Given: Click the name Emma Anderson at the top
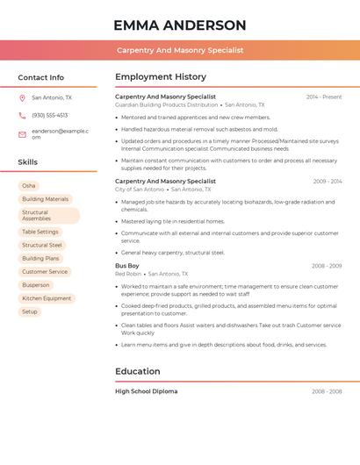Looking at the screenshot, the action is pos(180,25).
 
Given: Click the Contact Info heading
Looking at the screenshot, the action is pos(40,77).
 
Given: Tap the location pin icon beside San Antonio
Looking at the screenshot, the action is pos(22,98).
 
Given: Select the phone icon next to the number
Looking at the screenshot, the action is pos(22,115).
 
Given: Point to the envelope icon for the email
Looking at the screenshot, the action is pos(22,134).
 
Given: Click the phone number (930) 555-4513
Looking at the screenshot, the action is pos(49,115).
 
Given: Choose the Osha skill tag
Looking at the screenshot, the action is pos(29,186).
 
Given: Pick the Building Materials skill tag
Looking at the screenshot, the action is pos(45,199).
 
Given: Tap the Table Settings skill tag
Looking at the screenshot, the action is pos(40,232).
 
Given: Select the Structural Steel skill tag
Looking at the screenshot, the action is pos(42,245).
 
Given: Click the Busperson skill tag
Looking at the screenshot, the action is pos(36,285).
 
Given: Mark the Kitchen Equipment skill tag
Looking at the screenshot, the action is pos(47,298).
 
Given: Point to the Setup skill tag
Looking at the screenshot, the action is pos(30,311).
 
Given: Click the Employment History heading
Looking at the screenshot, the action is pos(161,77).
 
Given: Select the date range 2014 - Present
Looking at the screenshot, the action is pos(324,97).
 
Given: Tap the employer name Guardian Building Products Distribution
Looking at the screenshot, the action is pos(166,104).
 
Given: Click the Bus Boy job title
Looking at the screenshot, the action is pos(127,266).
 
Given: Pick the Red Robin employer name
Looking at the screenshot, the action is pos(128,274).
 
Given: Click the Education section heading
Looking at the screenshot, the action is pos(139,371).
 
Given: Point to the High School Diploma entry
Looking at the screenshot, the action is pos(146,391).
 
